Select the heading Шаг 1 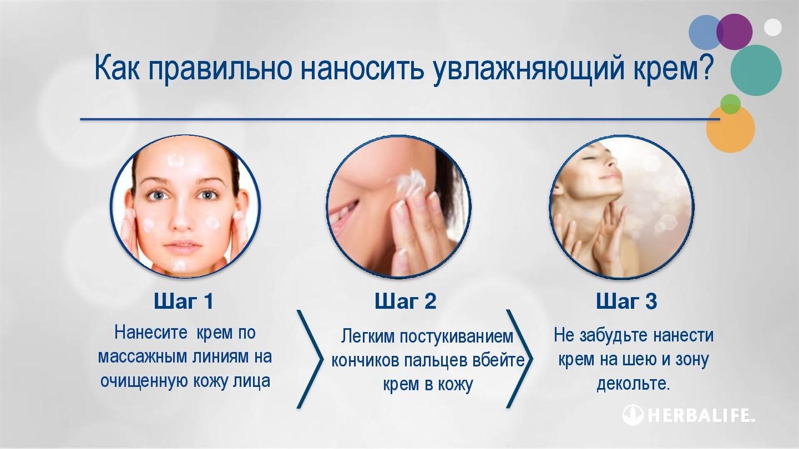pos(184,301)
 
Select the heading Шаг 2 pos(406,301)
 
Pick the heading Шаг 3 pos(626,301)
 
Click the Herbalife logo pos(689,415)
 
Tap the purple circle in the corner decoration pos(735,32)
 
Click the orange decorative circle pos(731,129)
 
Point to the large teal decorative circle pos(756,70)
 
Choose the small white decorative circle pos(773,28)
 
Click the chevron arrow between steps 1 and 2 pos(310,359)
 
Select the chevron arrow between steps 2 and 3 pos(520,359)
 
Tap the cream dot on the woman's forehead pos(176,161)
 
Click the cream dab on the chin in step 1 pos(179,266)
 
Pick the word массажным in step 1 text pos(143,357)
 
